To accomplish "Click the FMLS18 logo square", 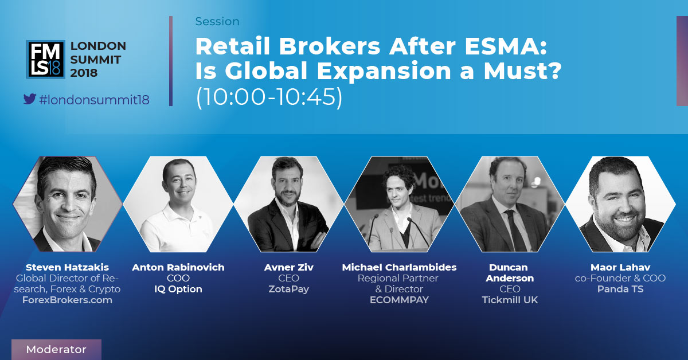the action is (46, 59).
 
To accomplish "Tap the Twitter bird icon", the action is (30, 99).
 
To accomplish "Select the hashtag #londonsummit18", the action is (94, 100).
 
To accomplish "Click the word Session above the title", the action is (217, 22).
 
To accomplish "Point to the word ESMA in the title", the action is (505, 46).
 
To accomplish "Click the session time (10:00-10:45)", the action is (269, 97).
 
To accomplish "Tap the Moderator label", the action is (56, 349).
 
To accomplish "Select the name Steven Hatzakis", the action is (67, 267).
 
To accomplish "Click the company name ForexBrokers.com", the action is (67, 300).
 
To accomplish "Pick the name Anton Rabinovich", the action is (178, 267).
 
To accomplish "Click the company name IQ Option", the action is (178, 289).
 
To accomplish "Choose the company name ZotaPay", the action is (289, 289).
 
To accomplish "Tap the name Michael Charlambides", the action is (399, 267).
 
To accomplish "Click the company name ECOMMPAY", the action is (399, 300).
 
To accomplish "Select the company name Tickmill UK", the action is (510, 300).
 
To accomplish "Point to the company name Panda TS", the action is (620, 289).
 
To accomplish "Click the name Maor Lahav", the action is (620, 267).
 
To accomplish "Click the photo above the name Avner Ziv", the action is (289, 204).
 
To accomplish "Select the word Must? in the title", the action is (522, 71).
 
